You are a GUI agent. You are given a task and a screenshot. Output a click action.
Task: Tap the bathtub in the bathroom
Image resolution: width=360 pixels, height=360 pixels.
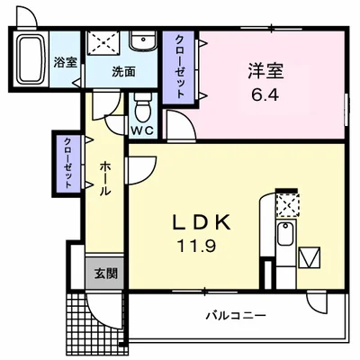coord(32,60)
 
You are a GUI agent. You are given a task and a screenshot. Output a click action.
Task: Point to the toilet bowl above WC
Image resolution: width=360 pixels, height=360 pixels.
coord(141,109)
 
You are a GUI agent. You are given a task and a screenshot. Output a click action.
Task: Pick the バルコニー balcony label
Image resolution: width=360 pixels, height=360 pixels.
coord(234,315)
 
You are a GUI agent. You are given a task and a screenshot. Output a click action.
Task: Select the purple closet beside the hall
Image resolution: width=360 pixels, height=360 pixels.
coord(67,162)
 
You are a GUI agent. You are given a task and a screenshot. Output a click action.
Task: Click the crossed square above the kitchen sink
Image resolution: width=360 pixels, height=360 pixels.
coord(287,205)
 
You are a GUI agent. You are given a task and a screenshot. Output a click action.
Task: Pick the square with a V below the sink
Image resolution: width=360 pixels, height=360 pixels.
coord(308,259)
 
